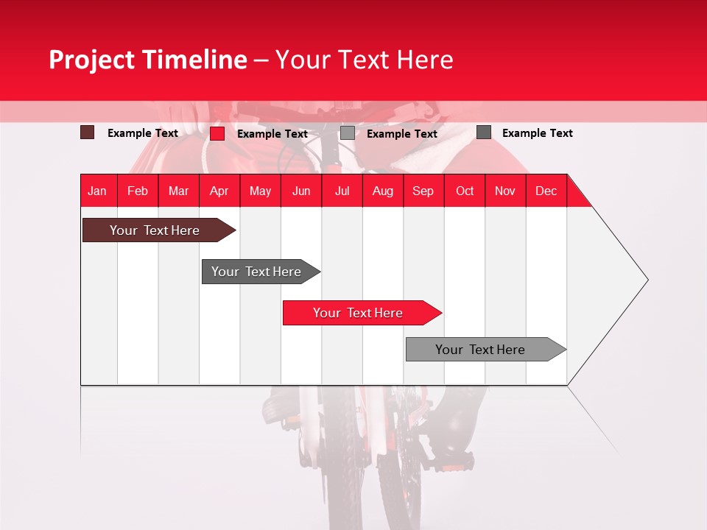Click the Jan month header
[x=97, y=191]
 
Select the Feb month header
[x=138, y=191]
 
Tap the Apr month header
[x=219, y=191]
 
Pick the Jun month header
[x=301, y=191]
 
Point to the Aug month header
[x=382, y=191]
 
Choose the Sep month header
[x=423, y=191]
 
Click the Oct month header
[x=465, y=191]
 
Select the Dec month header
[x=546, y=191]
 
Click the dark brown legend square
[x=88, y=132]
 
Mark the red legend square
[x=217, y=133]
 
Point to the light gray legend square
[x=348, y=133]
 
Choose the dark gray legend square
[x=484, y=132]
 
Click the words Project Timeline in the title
[x=148, y=60]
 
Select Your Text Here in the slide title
[x=365, y=60]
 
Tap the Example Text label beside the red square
[x=272, y=134]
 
